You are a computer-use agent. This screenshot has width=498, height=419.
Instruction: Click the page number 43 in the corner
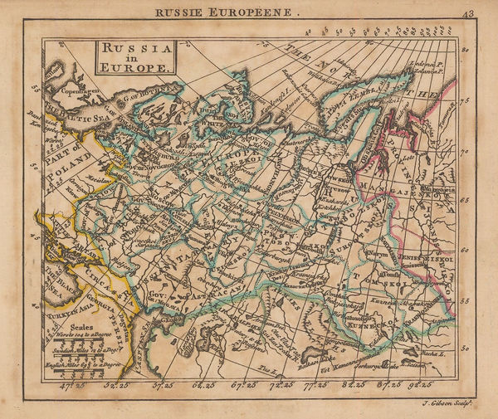[470, 12]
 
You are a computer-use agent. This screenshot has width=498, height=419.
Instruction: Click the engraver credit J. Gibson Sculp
[447, 404]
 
